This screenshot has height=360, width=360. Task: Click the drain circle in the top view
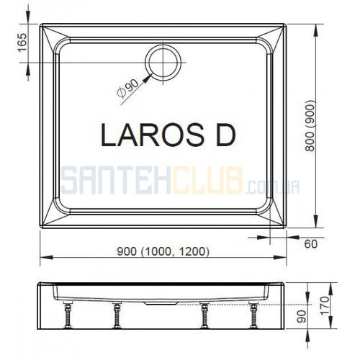[x=146, y=63]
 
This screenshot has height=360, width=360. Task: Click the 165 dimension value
[x=22, y=42]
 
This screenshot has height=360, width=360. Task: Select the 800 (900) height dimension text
[x=310, y=125]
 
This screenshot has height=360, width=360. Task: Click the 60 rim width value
[x=311, y=244]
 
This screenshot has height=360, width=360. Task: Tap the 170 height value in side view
[x=325, y=305]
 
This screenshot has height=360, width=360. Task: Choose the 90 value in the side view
[x=302, y=316]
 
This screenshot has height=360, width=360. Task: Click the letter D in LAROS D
[x=225, y=135]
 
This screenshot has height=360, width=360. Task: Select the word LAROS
[x=153, y=135]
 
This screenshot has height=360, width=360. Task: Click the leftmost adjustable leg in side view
[x=68, y=315]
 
